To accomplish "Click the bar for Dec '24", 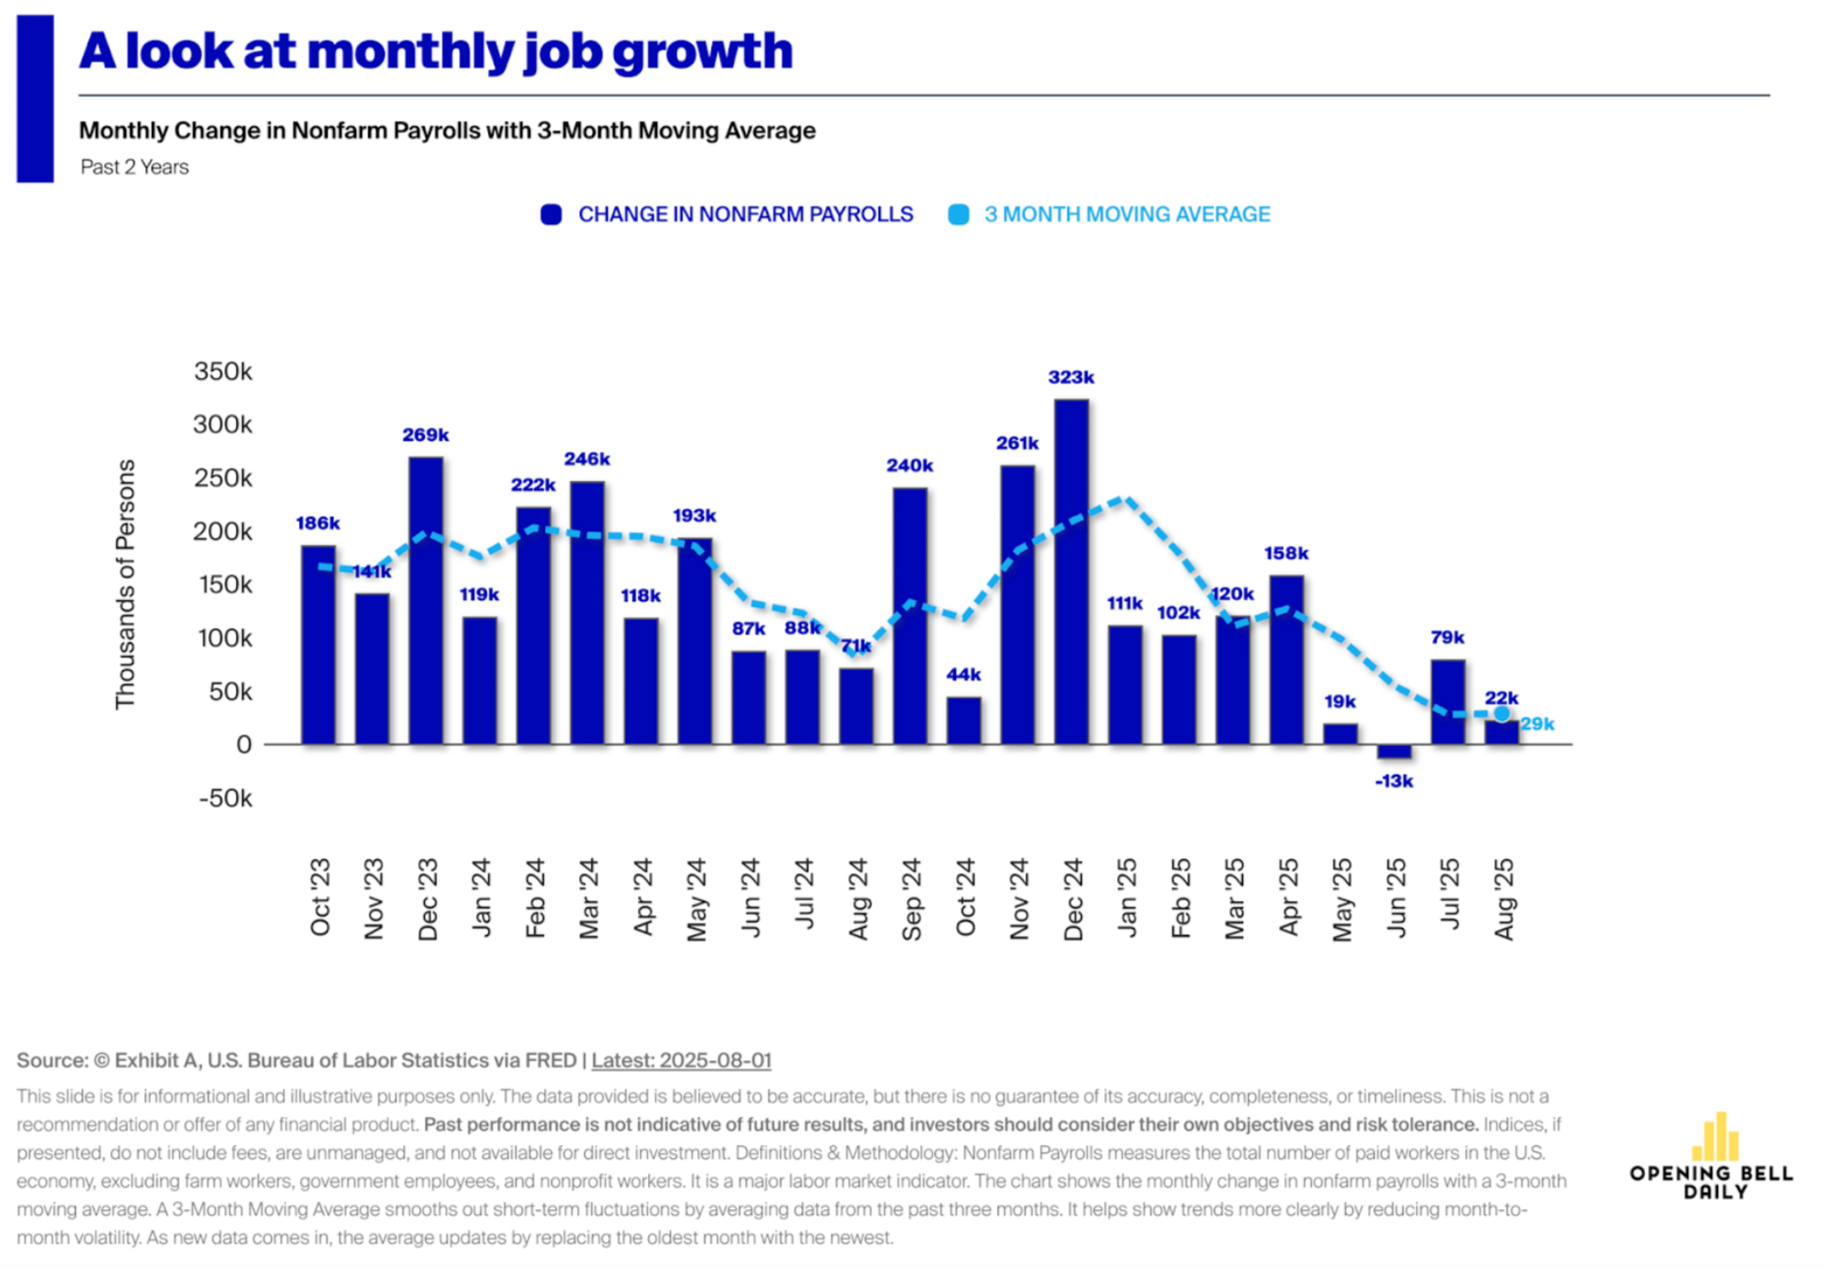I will tap(1071, 571).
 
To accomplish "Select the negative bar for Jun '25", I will tap(1393, 752).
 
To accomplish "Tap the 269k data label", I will tap(425, 435).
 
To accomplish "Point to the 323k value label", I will tap(1071, 378).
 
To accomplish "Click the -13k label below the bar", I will tap(1393, 781).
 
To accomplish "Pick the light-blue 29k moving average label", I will tap(1537, 725).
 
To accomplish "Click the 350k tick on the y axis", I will tap(223, 372).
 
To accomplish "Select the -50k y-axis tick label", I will tap(225, 798).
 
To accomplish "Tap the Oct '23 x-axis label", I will tap(321, 896).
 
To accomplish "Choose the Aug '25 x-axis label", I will tap(1504, 898).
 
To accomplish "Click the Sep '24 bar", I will tap(910, 615).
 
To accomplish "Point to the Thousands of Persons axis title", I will tap(125, 583).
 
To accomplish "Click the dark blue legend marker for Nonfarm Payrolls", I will tap(551, 214).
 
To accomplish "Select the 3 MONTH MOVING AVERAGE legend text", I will tap(1127, 214).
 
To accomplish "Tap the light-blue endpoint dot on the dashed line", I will tap(1502, 713).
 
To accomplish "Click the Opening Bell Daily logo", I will tap(1712, 1157).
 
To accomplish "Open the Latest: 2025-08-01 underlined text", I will tap(681, 1060).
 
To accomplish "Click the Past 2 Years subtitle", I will tap(135, 167).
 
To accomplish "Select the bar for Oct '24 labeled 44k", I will tap(964, 720).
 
